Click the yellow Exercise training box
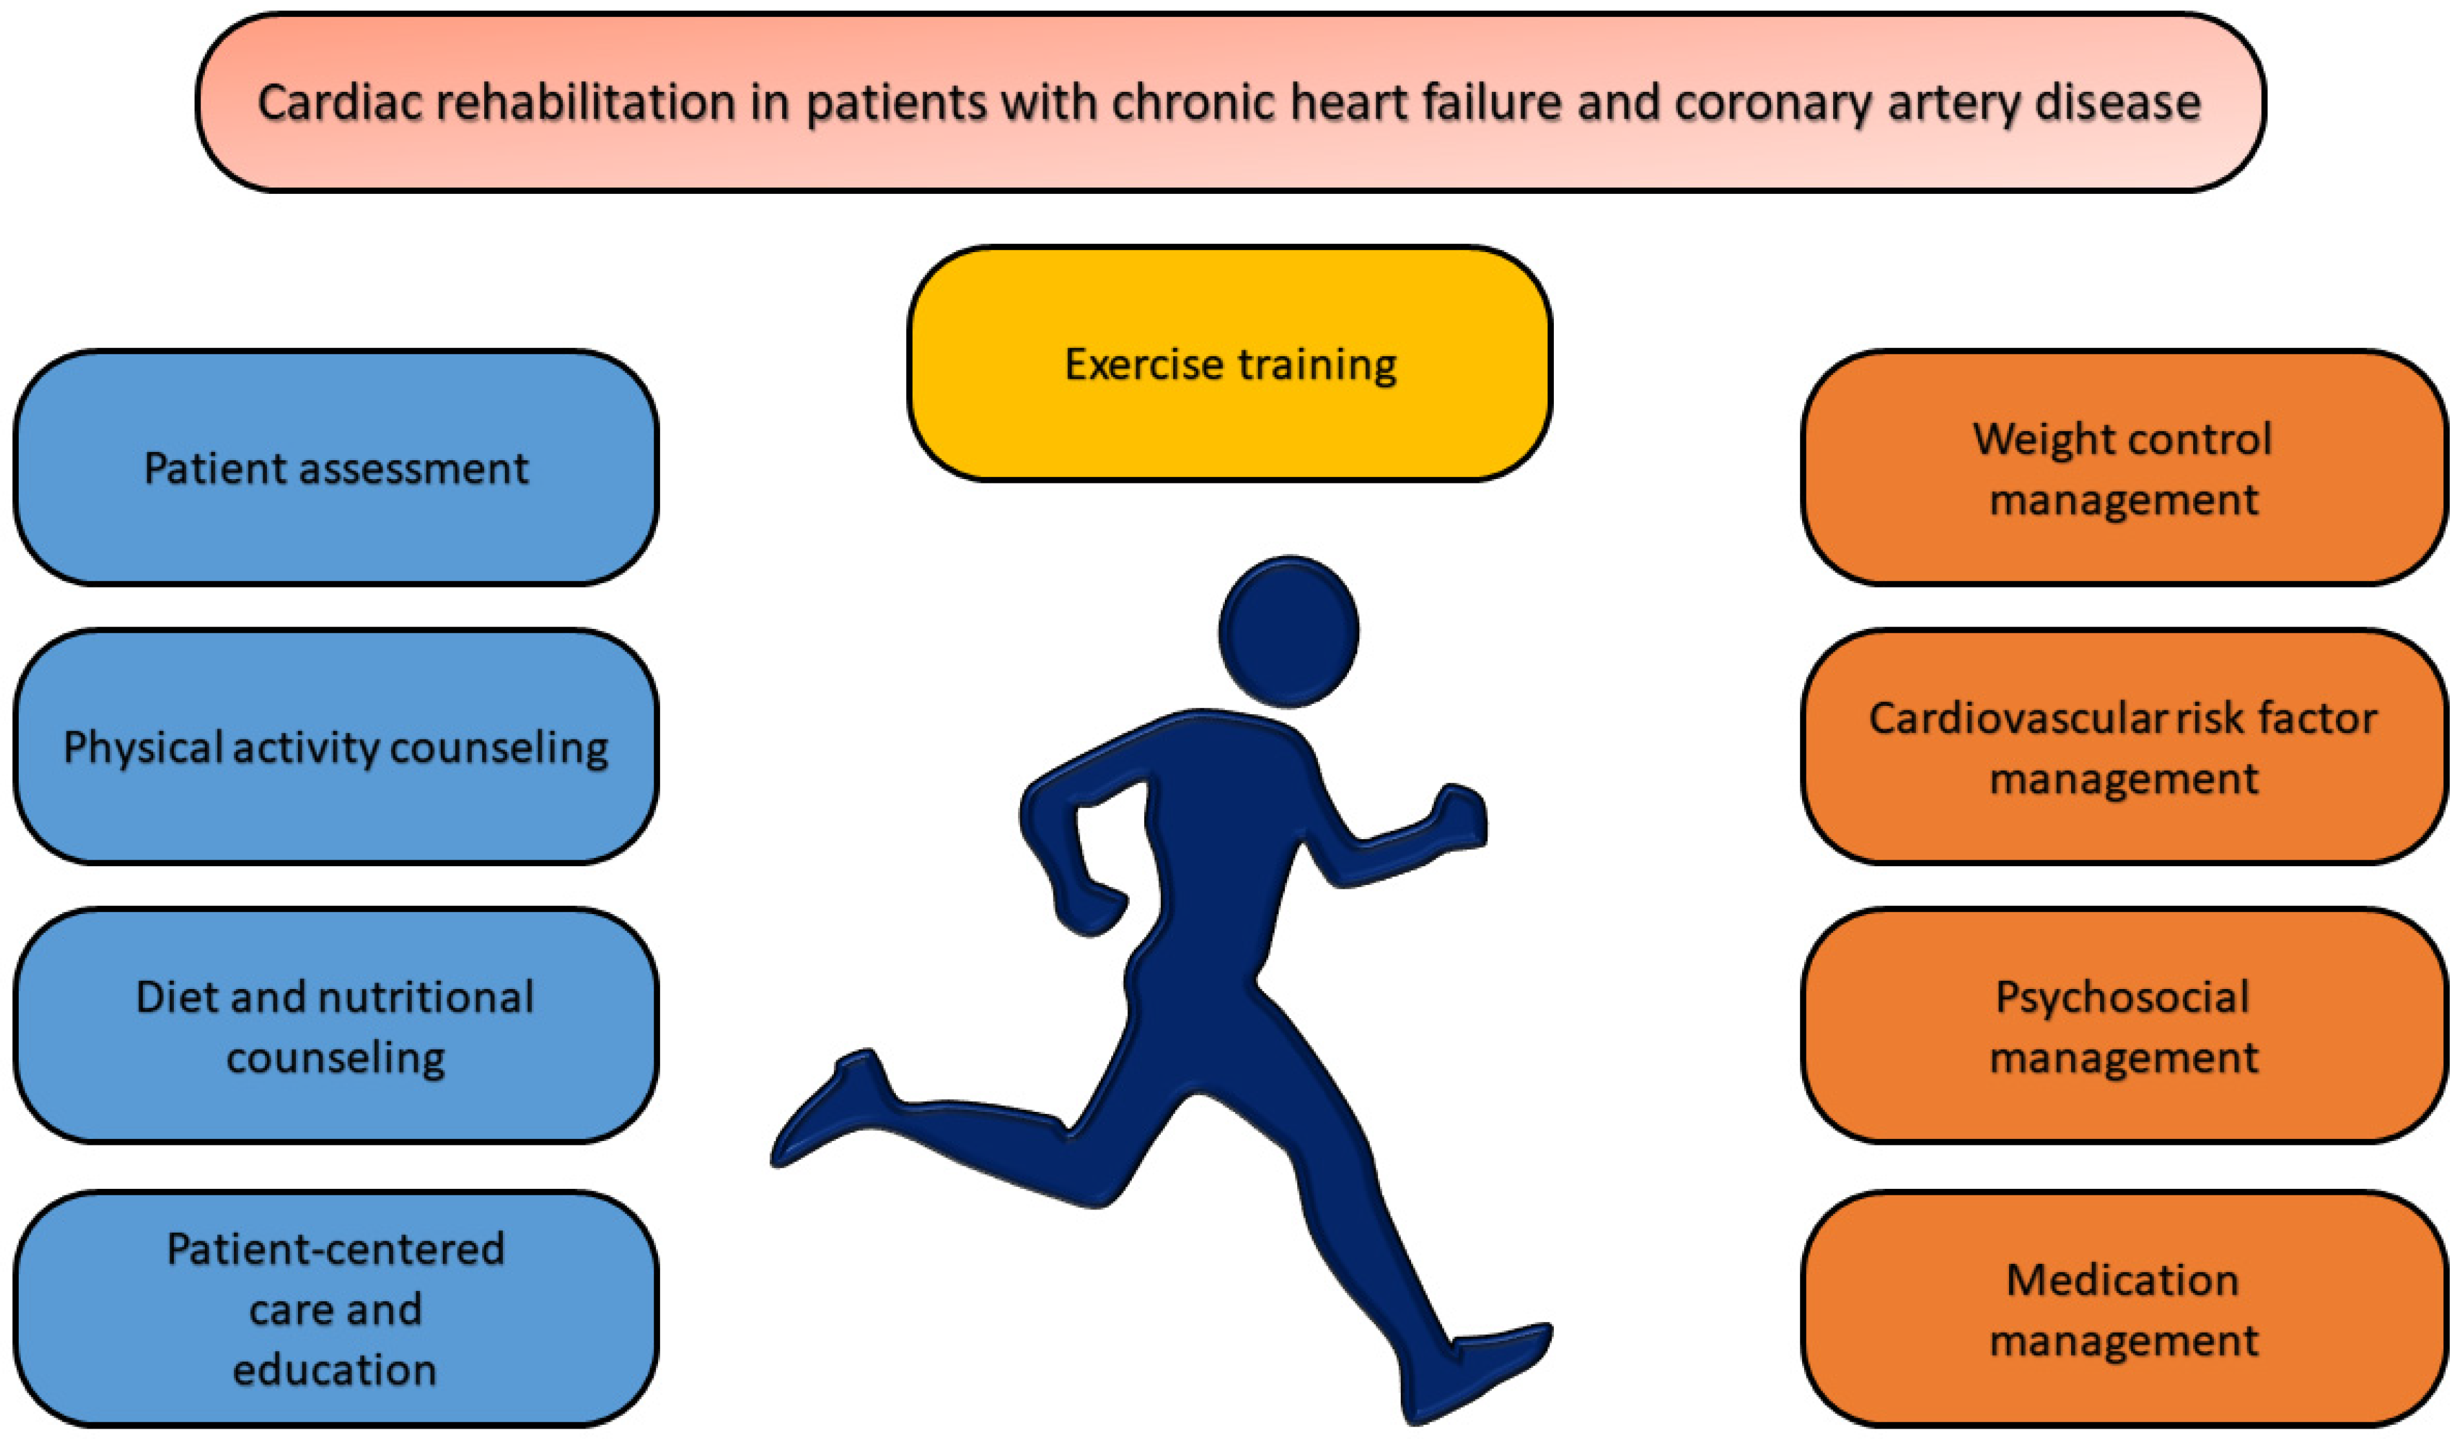point(1230,364)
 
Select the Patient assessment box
point(335,468)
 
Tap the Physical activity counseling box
point(335,747)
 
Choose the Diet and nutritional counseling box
point(335,1025)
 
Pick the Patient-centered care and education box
point(335,1308)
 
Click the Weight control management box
point(2124,468)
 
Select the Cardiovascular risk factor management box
point(2124,747)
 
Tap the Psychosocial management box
point(2124,1025)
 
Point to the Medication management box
point(2124,1308)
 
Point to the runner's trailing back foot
point(831,1109)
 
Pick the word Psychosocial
point(2123,997)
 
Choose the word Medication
point(2123,1280)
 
